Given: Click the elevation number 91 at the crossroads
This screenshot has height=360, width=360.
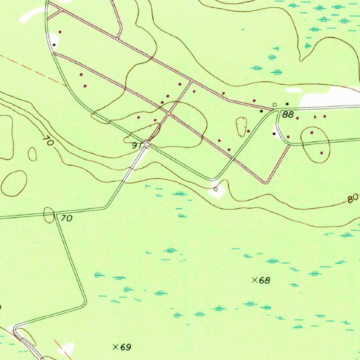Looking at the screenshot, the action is coord(137,145).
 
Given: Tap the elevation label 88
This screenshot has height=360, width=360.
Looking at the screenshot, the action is coord(288,115).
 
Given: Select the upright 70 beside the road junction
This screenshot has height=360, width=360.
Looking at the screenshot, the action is coord(66,218).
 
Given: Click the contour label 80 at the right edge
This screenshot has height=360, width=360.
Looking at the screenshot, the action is coord(352,199).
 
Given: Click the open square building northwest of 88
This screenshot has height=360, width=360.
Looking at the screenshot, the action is coord(275,104).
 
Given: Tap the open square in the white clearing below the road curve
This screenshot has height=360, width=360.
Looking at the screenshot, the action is coord(216,189).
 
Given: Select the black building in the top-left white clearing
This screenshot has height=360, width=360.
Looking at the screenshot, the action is coord(54,45).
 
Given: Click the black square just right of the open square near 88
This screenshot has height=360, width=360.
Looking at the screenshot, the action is coord(287,104).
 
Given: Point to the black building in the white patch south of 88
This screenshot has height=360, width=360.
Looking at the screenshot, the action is coord(274,134).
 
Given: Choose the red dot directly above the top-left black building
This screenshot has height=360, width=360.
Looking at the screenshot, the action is coord(60,32).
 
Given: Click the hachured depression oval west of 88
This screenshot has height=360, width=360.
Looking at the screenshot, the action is coord(242,127).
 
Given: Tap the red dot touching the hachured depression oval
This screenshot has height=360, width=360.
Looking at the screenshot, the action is coord(248,131).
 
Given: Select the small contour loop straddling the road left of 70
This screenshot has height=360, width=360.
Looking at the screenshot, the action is coord(48,215).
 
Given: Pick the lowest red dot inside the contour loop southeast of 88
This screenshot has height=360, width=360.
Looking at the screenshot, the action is coord(321,153).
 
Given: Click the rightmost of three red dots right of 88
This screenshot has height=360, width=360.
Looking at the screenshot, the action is coord(324,116).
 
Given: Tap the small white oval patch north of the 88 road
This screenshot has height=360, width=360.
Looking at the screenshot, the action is coord(294,90).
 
